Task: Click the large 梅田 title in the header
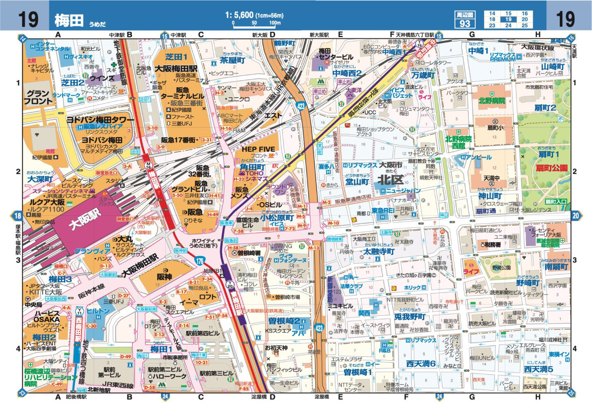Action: [69, 20]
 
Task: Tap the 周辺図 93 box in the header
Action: [465, 19]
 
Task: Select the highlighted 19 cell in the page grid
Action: [508, 19]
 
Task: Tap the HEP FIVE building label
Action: [258, 149]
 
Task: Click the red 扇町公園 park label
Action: [551, 168]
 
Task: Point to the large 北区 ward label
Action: [390, 180]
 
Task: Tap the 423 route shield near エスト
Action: [301, 106]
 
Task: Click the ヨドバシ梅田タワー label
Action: [100, 120]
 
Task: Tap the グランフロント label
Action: [38, 97]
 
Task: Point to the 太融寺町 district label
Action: [379, 251]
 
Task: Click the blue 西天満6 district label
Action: [421, 363]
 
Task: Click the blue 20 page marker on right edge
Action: [576, 215]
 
